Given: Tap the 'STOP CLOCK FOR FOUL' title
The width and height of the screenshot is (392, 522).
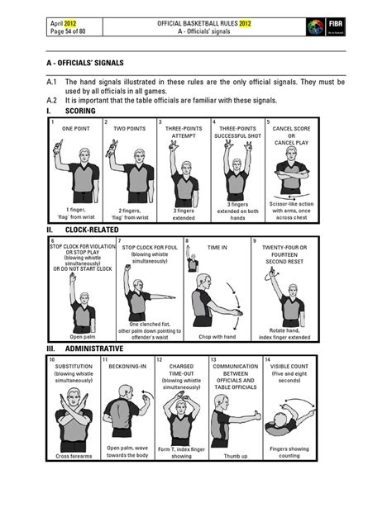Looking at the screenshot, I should click(149, 247).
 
